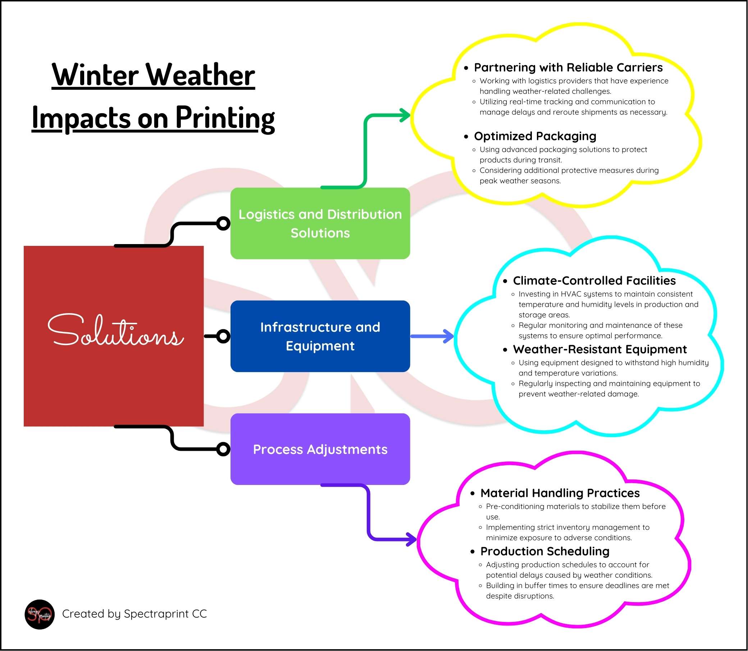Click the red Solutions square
pos(113,336)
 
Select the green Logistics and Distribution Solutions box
pos(320,224)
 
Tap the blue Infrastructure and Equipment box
pos(320,336)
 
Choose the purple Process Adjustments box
pos(320,449)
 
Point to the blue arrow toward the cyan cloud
pos(433,336)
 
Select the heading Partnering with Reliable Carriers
pos(568,68)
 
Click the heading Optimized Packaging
pos(535,136)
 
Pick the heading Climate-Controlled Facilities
pos(594,280)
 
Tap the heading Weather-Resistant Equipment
pos(599,349)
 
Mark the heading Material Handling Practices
pos(560,493)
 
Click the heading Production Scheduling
pos(544,551)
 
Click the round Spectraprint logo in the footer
pos(40,614)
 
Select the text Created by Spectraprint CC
pos(134,614)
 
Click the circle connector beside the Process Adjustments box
pos(223,449)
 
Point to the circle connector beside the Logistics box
pos(223,224)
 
